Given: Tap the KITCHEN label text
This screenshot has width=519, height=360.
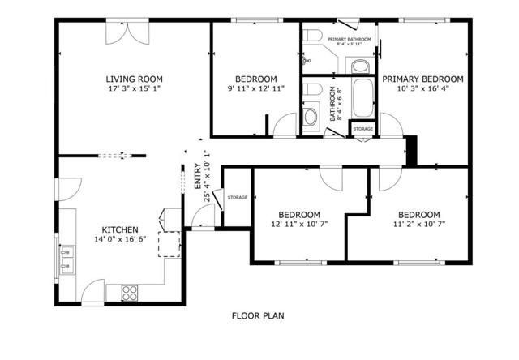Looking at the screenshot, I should click(x=118, y=229).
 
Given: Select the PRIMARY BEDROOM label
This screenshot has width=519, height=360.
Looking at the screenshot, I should click(x=422, y=79).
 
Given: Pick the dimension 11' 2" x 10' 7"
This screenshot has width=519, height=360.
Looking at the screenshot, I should click(x=419, y=224).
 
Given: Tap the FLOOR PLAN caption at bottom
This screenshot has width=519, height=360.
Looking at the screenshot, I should click(x=258, y=316).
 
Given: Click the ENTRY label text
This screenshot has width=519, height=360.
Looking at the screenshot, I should click(x=197, y=178).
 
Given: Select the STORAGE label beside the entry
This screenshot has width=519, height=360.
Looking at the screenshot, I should click(x=237, y=197).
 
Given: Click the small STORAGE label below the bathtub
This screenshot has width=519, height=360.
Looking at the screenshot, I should click(x=362, y=129).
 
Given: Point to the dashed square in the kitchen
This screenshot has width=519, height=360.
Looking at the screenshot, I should click(x=169, y=244).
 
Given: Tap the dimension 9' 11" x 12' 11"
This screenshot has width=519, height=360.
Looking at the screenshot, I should click(x=255, y=88).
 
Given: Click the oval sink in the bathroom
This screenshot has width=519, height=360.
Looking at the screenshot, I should click(x=310, y=117).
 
